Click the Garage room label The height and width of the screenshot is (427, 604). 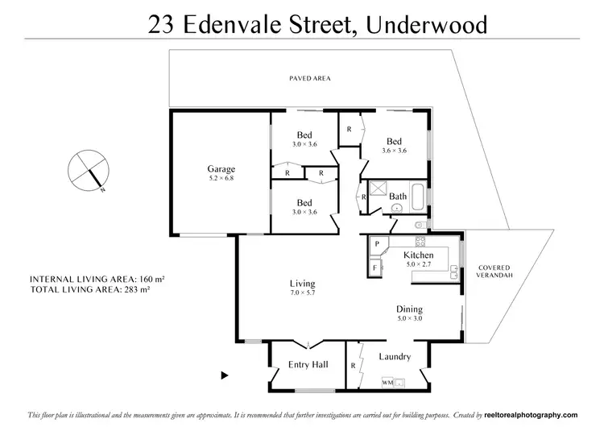(x=221, y=169)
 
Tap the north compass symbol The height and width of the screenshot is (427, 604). (x=88, y=170)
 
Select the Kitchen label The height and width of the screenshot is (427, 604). (x=418, y=255)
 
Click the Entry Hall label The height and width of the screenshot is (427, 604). (x=308, y=365)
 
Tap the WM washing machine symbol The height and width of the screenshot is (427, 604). (x=387, y=381)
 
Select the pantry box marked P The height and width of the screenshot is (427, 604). (x=376, y=243)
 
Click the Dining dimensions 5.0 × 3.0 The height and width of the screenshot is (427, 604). (x=409, y=319)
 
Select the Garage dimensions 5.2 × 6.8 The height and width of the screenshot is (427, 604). (x=221, y=178)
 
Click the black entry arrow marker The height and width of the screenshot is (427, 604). (x=225, y=375)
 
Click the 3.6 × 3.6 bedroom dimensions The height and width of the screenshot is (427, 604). (x=394, y=150)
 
